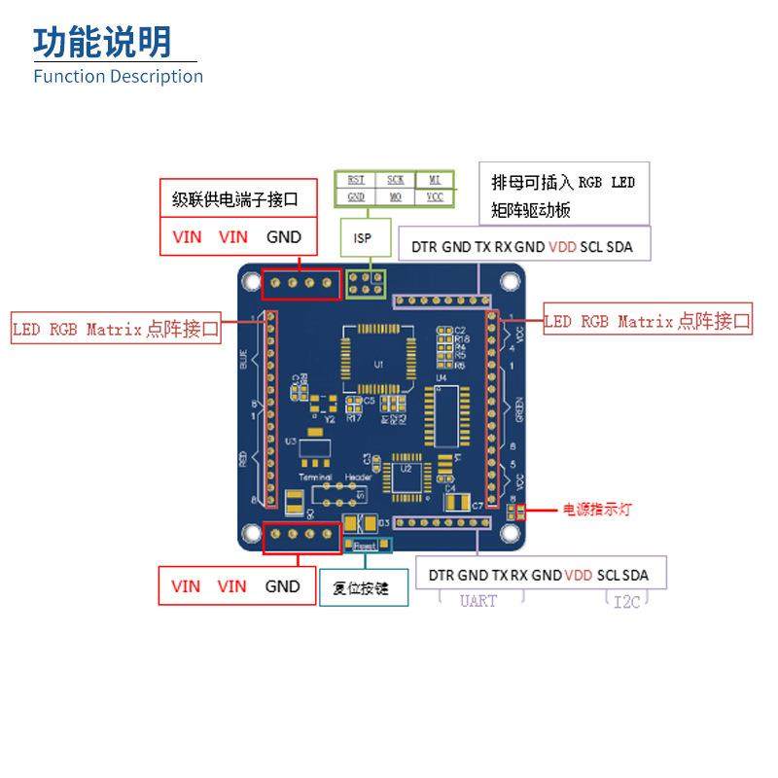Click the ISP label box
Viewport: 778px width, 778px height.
click(x=363, y=237)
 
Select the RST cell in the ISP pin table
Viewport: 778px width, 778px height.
click(x=356, y=180)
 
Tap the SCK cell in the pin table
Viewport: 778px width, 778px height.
click(x=395, y=180)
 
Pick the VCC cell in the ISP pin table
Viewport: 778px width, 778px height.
click(x=434, y=196)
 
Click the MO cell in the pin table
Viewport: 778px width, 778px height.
click(x=395, y=196)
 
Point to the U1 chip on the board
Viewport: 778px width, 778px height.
click(x=378, y=364)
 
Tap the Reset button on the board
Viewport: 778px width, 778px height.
click(x=365, y=546)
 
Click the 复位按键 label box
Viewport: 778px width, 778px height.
click(x=359, y=586)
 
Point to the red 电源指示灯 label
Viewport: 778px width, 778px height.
click(x=597, y=509)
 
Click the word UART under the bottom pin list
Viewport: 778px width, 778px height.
click(x=477, y=601)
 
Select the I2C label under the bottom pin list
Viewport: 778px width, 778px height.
click(x=626, y=601)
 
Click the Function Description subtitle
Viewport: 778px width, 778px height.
click(x=118, y=76)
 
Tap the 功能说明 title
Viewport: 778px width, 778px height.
click(x=102, y=42)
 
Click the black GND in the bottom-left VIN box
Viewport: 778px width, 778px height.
click(x=282, y=586)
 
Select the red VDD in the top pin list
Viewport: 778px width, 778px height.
click(x=562, y=247)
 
